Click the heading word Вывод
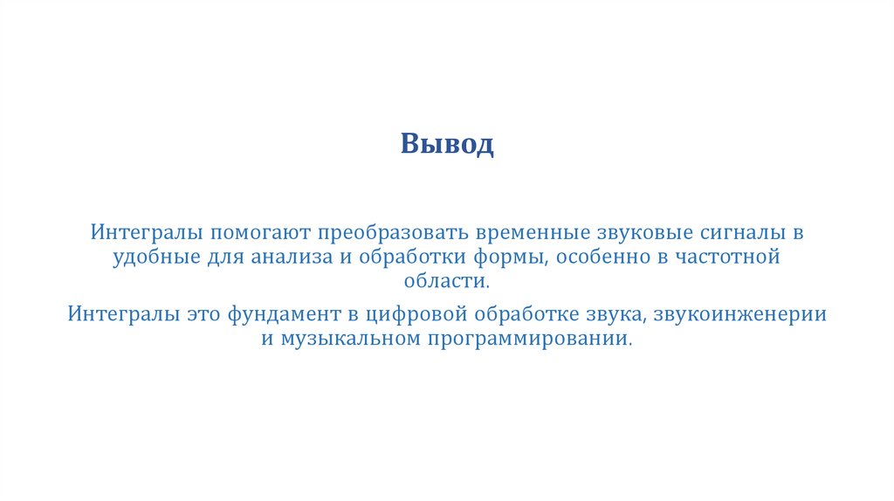click(x=447, y=143)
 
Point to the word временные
click(x=533, y=235)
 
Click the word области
click(x=446, y=281)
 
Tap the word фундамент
click(x=280, y=314)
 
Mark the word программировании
click(x=528, y=338)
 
